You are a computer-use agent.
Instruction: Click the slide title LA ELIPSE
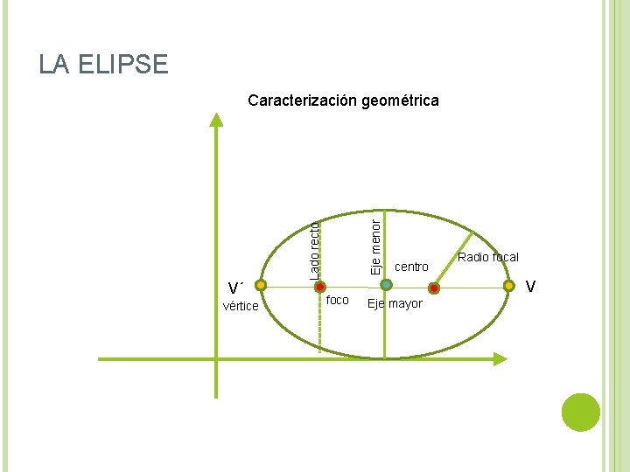pos(103,65)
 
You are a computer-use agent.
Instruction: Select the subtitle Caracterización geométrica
pos(343,101)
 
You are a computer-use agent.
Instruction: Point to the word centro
pos(412,267)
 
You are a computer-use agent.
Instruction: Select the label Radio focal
pos(488,257)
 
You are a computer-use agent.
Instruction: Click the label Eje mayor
pos(395,304)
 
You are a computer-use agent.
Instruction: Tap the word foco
pos(337,301)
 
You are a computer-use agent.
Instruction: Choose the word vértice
pos(241,306)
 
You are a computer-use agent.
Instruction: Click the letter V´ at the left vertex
pos(234,288)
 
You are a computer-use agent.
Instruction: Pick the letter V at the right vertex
pos(530,287)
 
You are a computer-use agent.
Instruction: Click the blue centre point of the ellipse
pos(386,285)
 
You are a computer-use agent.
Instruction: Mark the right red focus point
pos(434,288)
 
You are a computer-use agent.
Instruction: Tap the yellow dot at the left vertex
pos(261,285)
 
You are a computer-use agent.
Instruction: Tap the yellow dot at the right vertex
pos(509,285)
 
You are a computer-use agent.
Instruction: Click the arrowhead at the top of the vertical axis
pos(216,121)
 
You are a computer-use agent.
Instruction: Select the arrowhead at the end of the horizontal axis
pos(500,358)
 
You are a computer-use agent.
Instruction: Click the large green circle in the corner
pos(580,412)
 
